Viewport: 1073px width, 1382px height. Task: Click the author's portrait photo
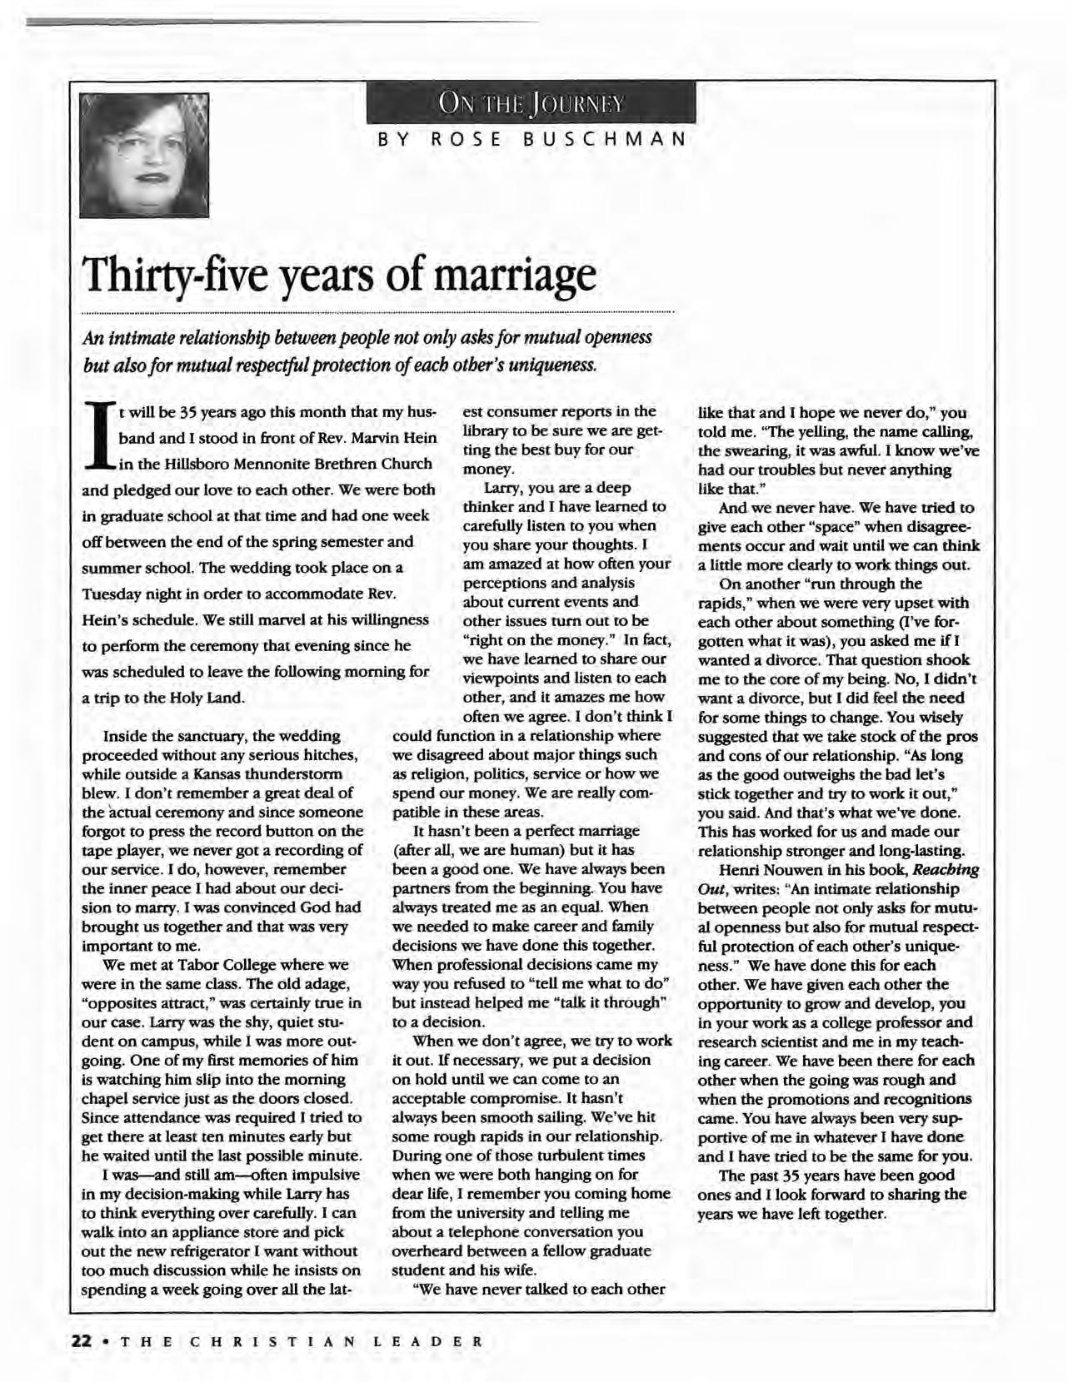(143, 154)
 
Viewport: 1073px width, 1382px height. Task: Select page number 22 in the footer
(82, 1341)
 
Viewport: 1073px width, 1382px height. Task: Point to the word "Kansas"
(212, 774)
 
